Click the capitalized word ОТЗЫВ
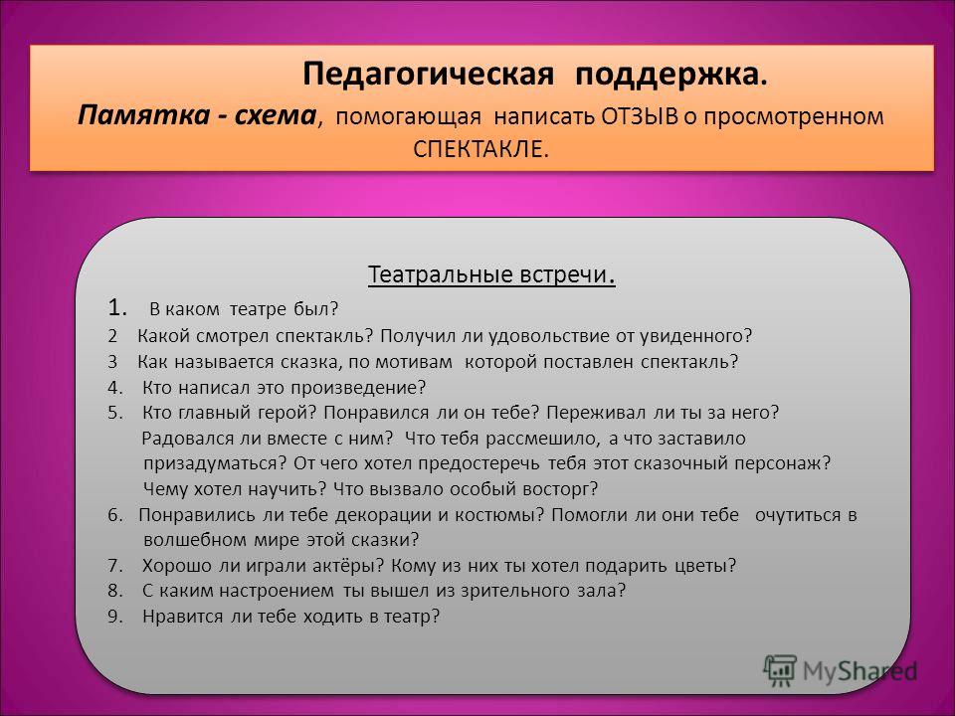[x=639, y=116]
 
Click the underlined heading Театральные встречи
[x=490, y=274]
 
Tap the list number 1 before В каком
[x=117, y=308]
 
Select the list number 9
[x=115, y=617]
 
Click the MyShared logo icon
[x=780, y=671]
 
